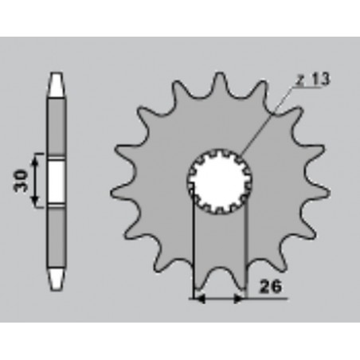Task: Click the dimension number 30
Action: tap(21, 181)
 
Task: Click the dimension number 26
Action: tap(270, 287)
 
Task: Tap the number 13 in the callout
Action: tap(320, 79)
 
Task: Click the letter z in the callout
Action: tap(300, 80)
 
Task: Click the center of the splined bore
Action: tap(219, 182)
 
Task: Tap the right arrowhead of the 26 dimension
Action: tap(238, 299)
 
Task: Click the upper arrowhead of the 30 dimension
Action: tap(35, 160)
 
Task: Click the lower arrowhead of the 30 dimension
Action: tap(35, 201)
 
